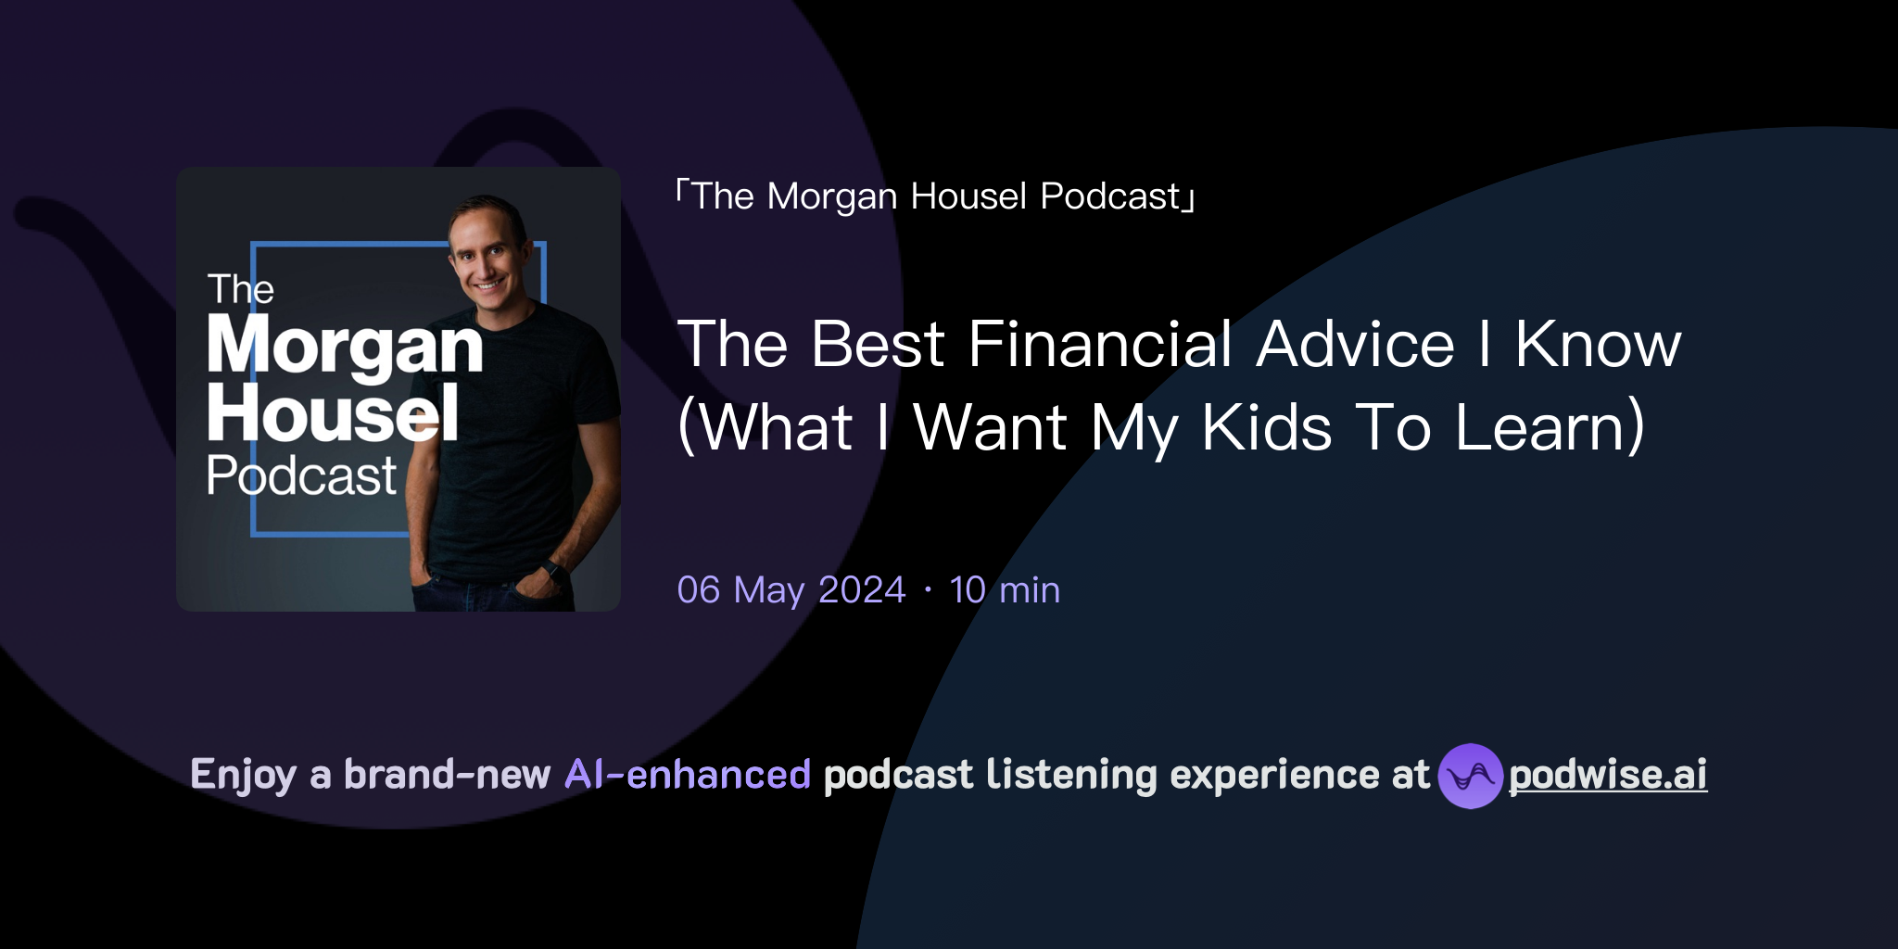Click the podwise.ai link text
pos(1607,775)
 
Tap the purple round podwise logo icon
pos(1470,776)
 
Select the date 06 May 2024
pos(791,590)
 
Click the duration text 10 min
pos(1005,590)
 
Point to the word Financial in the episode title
pos(1100,345)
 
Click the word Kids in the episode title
pos(1266,427)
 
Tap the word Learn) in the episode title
pos(1550,427)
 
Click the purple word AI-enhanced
pos(688,775)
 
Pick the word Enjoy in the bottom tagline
pos(243,775)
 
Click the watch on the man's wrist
pos(554,571)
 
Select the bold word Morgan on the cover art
pos(345,345)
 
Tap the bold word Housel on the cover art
pos(333,413)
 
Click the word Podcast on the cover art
pos(301,476)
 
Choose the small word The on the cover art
pos(240,289)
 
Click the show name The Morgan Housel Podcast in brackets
pos(936,196)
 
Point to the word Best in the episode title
pos(877,345)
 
